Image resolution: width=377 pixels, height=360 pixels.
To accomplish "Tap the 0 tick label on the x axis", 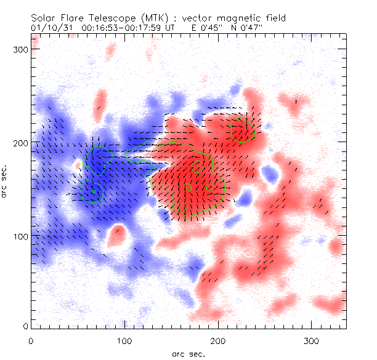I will click(30, 340).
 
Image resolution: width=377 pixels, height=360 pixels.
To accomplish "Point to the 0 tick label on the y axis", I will click(25, 326).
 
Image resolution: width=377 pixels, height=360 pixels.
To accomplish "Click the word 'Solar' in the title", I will click(43, 18).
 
